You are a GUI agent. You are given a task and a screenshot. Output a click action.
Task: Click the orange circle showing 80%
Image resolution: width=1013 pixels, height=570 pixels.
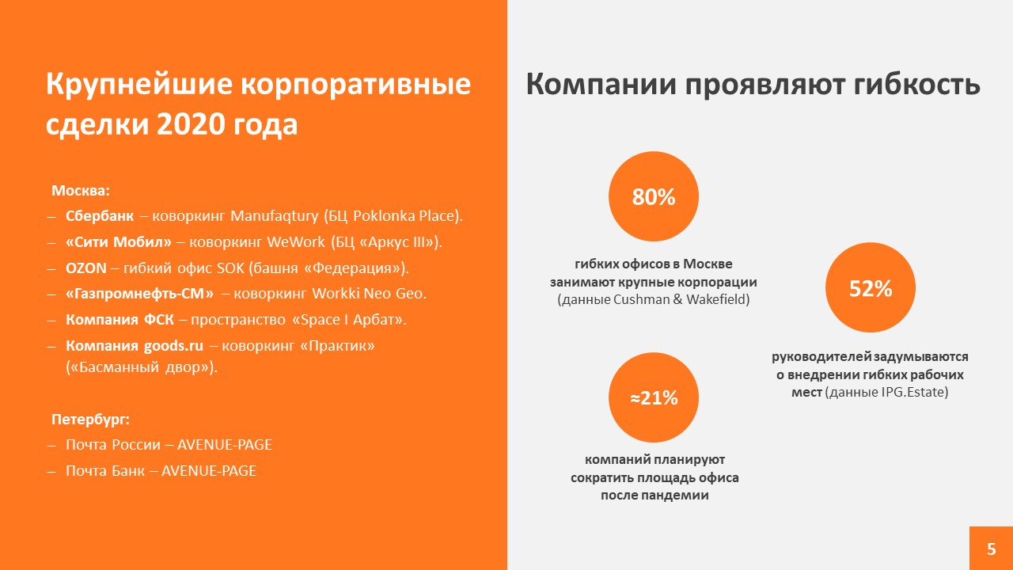point(654,196)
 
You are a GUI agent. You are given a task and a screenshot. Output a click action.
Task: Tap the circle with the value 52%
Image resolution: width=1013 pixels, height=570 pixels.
point(871,287)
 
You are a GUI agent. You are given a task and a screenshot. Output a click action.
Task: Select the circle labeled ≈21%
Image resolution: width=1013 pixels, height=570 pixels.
point(654,397)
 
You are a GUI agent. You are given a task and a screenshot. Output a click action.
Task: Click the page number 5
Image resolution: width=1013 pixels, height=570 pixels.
point(992,549)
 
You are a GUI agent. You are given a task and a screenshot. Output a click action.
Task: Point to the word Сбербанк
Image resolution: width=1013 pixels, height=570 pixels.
point(100,216)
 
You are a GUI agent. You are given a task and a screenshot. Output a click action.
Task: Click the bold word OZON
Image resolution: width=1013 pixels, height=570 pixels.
point(86,268)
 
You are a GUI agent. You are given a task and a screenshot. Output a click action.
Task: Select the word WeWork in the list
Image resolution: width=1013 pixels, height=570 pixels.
point(296,242)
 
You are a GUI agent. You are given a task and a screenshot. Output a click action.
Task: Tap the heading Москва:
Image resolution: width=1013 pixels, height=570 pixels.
point(81,191)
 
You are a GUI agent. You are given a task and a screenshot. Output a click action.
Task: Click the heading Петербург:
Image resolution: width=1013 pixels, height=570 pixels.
point(90,420)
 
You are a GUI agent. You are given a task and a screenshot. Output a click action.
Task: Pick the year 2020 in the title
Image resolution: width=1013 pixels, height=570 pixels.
point(190,124)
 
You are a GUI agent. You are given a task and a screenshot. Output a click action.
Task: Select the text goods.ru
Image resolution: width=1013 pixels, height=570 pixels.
point(173,346)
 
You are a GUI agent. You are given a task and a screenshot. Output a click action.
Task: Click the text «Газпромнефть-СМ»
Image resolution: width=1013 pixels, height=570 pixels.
point(139,294)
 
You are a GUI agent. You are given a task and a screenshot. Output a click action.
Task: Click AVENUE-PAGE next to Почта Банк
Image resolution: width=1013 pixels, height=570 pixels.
point(208,471)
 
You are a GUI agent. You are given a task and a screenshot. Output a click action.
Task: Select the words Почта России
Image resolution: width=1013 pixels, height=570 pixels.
point(113,445)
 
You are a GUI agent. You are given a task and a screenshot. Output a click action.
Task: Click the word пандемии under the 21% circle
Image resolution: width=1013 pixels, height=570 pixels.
point(654,495)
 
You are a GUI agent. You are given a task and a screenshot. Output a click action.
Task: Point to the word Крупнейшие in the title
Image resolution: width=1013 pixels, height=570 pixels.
point(139,85)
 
